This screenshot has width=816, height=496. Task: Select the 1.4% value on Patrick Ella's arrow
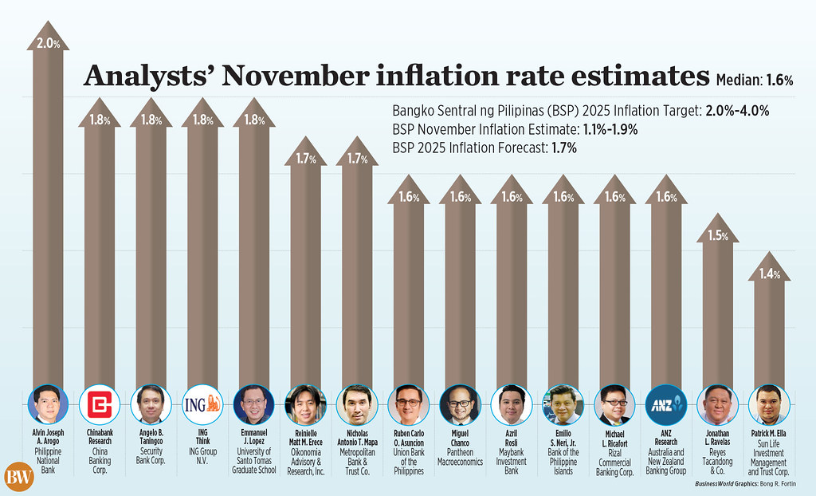pos(769,274)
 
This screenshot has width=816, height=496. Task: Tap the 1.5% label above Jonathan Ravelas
pos(717,236)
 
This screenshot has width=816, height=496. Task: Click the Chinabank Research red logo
pos(100,404)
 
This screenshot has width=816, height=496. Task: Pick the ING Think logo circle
pos(202,404)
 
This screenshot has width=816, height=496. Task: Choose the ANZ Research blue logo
pos(665,404)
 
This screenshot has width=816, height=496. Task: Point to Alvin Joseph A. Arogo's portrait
pos(48,404)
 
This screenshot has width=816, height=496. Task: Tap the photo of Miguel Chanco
pos(460,404)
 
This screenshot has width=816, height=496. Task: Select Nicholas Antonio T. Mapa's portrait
pos(356,404)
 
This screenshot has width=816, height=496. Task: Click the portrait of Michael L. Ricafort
pos(614,404)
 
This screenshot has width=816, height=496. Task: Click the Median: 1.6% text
pos(754,79)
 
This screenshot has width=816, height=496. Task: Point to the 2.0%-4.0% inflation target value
pos(737,112)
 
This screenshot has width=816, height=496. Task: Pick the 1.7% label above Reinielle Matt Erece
pos(305,159)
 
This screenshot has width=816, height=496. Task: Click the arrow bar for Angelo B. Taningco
pos(151,255)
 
